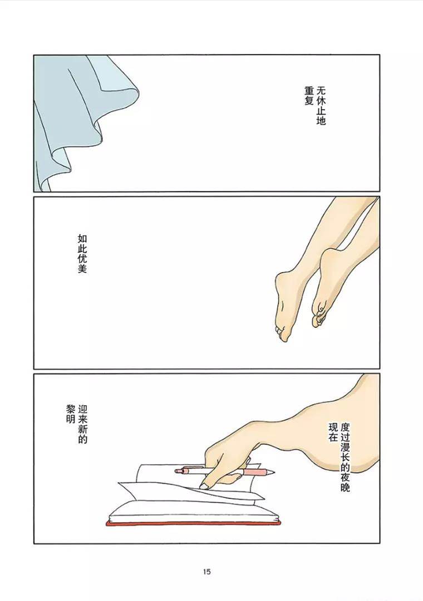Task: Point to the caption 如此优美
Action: click(x=82, y=253)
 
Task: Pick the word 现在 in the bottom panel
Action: click(x=333, y=431)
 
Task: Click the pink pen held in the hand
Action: click(x=223, y=471)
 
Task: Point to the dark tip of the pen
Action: click(x=272, y=472)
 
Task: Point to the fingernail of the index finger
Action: click(x=204, y=486)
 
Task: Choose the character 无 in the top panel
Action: click(x=321, y=90)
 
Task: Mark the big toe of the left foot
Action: click(x=283, y=335)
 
